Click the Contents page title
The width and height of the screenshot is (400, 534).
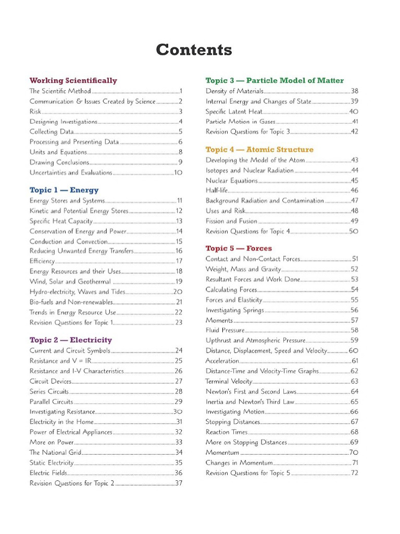coord(194,50)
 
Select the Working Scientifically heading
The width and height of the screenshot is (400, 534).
coord(73,80)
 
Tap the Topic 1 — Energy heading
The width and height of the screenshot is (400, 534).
coord(64,190)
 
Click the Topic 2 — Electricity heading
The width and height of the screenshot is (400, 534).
coord(70,340)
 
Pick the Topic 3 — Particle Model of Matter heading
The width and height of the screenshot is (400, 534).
coord(274,80)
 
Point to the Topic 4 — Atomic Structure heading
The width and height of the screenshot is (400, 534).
coord(259,150)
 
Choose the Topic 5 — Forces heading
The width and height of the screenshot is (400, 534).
coord(239,248)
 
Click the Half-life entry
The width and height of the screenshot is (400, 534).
coord(217,190)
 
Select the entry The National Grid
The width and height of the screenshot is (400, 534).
coord(55,452)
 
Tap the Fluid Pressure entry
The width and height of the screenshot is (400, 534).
coord(224,330)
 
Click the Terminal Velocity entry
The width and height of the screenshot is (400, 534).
coord(229,381)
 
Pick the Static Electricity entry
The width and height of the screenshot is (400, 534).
coord(52,463)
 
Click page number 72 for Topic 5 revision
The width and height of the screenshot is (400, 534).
coord(354,473)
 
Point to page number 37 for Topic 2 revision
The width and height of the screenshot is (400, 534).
coord(179,483)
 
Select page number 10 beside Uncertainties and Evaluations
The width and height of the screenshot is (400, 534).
coord(178,173)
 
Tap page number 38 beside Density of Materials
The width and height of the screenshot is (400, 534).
coord(354,91)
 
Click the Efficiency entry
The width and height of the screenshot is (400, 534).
coord(42,261)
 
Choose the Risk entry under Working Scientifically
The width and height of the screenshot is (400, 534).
coord(35,111)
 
